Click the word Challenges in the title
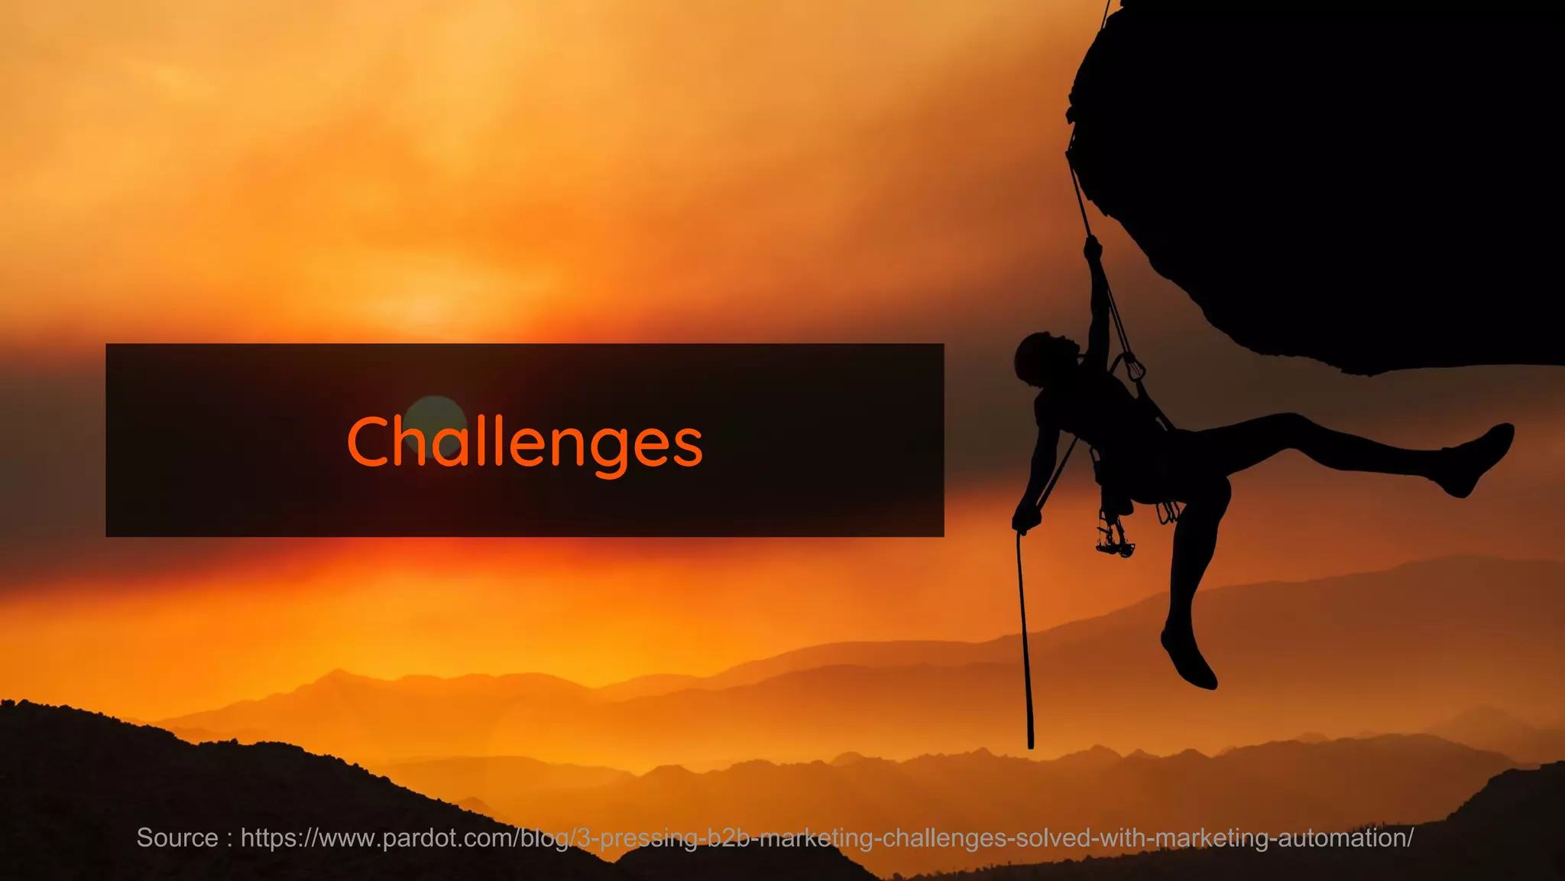click(x=524, y=442)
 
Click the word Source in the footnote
click(x=177, y=838)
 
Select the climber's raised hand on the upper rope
click(x=1093, y=249)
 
